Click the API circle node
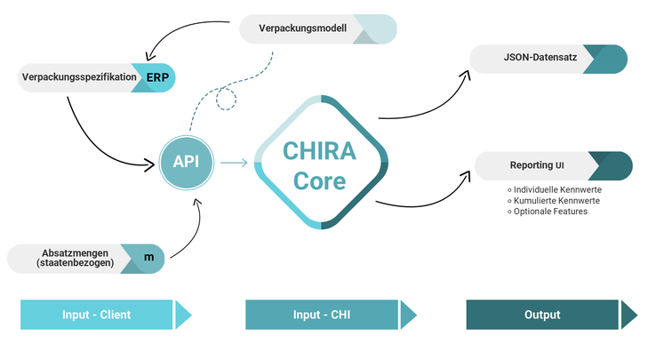(187, 162)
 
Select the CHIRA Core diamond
(321, 161)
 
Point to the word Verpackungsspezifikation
(78, 77)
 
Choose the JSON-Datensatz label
(528, 60)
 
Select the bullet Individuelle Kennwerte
(556, 190)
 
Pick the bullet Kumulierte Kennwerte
(556, 201)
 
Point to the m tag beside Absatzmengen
(148, 258)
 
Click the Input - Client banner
(97, 315)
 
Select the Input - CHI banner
(322, 315)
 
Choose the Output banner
(542, 315)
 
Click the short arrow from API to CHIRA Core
(234, 163)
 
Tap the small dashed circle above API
(228, 99)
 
